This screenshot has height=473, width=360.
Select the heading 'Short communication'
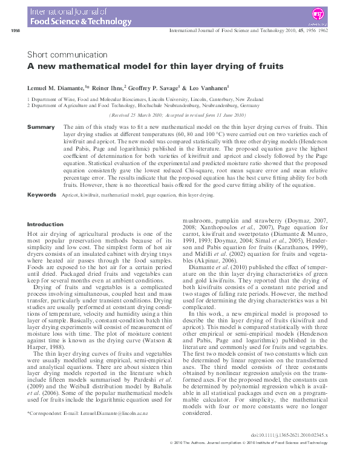(x=67, y=54)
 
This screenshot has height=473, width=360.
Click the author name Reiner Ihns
(x=109, y=88)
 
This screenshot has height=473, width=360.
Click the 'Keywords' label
(x=43, y=195)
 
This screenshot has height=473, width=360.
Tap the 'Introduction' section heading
(x=45, y=224)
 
